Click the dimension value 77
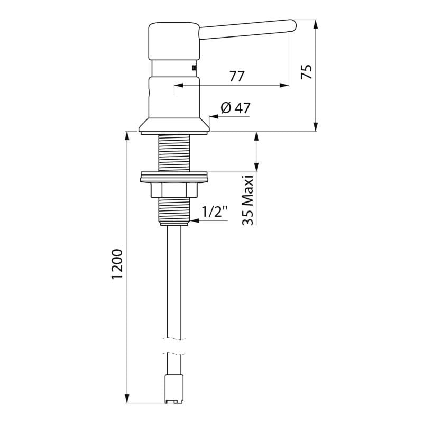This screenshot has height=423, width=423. pos(237,76)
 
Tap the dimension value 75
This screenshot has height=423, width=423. pos(307,71)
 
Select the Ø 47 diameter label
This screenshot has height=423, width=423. pos(235,108)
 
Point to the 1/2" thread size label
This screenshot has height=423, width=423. pos(215,213)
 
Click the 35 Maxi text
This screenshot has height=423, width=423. pos(247,200)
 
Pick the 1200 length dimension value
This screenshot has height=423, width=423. pos(117,264)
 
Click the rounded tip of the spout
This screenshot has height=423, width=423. pos(293,26)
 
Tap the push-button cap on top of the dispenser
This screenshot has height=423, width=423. pos(174,41)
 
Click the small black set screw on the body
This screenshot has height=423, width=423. pos(194,68)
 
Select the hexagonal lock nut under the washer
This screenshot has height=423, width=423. pos(174,190)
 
